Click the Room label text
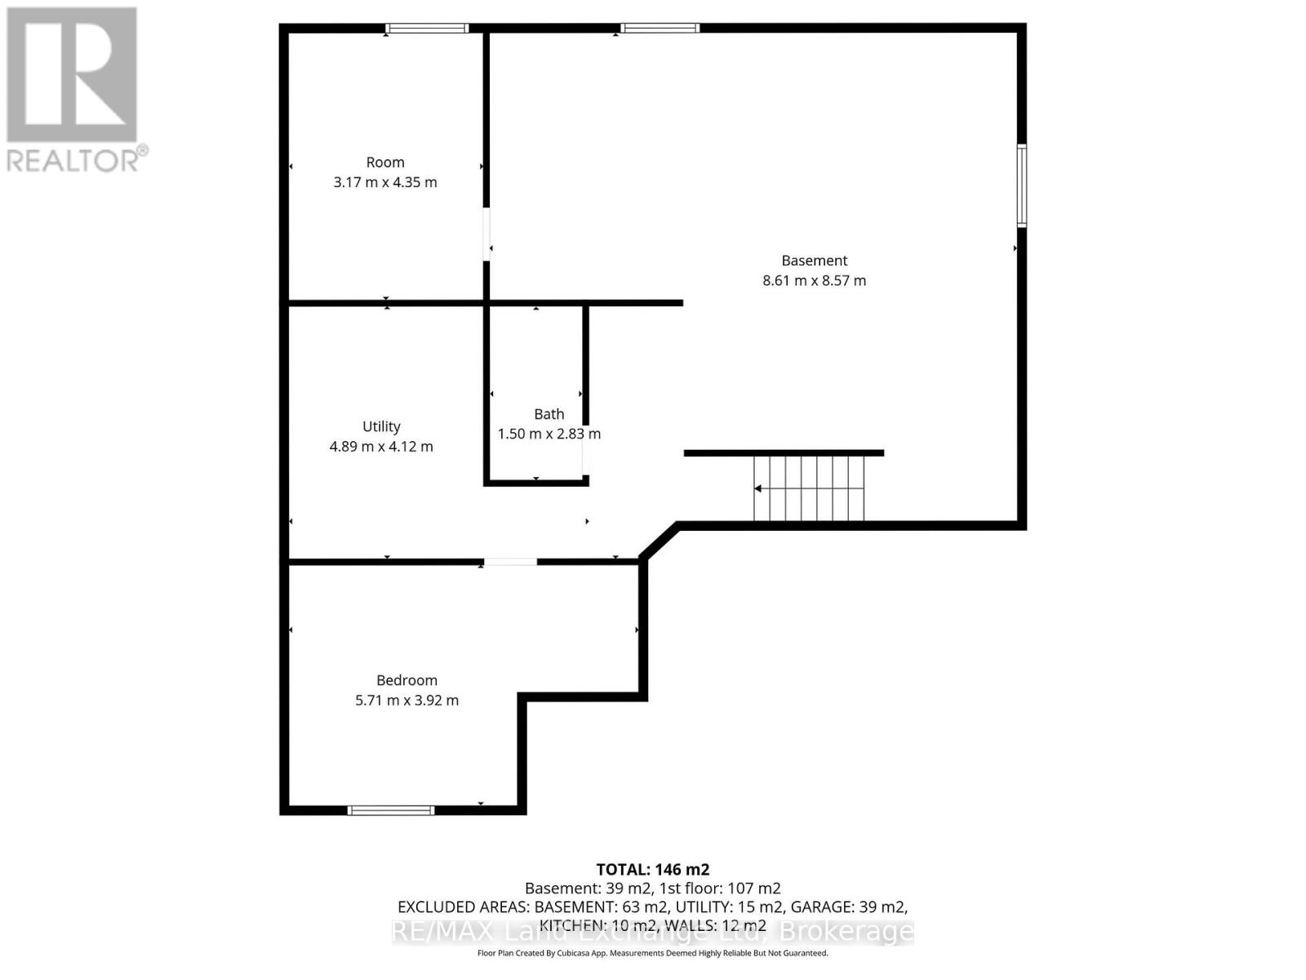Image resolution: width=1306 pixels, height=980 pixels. (x=385, y=162)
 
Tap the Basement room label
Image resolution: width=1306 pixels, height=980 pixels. (x=814, y=260)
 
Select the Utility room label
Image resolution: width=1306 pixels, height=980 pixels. (x=381, y=426)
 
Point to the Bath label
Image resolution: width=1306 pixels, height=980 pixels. (x=549, y=413)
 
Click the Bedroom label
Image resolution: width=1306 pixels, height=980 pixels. (x=407, y=680)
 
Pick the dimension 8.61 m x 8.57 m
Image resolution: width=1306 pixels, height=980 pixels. (x=814, y=280)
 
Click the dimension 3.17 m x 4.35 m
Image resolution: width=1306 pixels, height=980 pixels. (x=385, y=182)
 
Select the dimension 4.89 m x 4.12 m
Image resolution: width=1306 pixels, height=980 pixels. (x=381, y=446)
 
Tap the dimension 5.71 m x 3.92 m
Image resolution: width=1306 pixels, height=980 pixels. (x=407, y=701)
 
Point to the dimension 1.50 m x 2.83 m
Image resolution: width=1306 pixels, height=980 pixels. (x=549, y=434)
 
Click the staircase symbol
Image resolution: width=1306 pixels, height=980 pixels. (x=809, y=488)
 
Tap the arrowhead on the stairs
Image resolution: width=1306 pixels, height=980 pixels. (x=757, y=488)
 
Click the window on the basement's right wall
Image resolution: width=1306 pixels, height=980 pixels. (x=1022, y=185)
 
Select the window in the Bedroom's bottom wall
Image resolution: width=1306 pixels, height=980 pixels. (x=391, y=810)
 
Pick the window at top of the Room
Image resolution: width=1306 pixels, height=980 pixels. (x=427, y=28)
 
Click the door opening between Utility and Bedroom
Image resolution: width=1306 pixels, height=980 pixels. (x=510, y=562)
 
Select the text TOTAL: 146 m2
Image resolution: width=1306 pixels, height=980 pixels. (x=653, y=870)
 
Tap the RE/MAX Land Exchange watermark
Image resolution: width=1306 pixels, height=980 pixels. (x=653, y=932)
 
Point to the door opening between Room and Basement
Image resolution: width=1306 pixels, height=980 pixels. (x=486, y=234)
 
